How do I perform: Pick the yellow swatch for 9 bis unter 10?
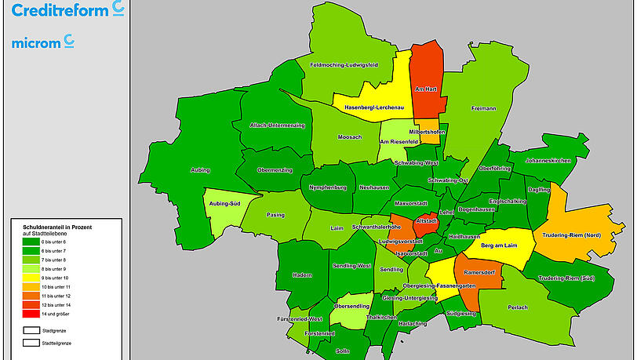[31, 277]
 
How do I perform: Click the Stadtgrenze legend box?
[31, 330]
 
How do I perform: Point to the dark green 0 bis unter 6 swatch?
[31, 242]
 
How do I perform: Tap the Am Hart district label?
[426, 90]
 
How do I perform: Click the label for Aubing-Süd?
[224, 203]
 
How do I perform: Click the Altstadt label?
[426, 222]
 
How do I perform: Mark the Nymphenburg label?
[327, 188]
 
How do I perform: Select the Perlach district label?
[519, 307]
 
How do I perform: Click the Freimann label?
[483, 109]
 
